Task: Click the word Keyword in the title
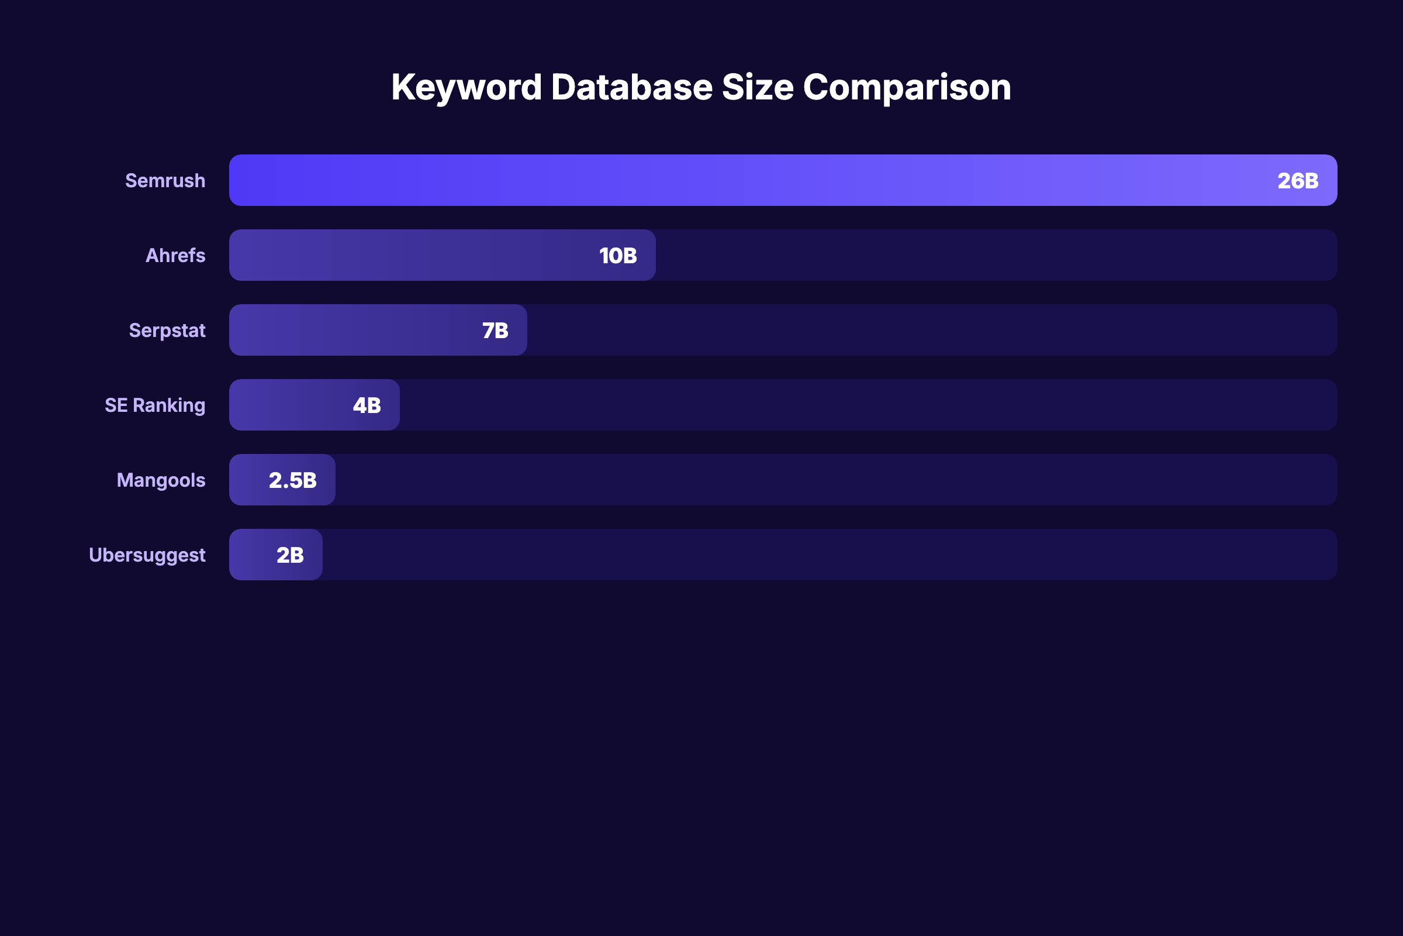point(466,88)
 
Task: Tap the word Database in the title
point(632,88)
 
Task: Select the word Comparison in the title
point(907,88)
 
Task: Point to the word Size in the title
point(758,88)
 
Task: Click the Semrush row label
point(165,181)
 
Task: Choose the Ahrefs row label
point(175,256)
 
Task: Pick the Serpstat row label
point(167,331)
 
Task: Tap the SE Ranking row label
point(155,405)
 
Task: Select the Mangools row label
point(161,480)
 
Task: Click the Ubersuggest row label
point(147,555)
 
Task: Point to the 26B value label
point(1297,181)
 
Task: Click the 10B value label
point(618,256)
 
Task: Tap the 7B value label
point(495,331)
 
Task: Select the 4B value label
point(367,405)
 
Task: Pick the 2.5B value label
point(292,480)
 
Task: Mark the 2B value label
point(290,555)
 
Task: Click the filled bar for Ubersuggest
point(251,555)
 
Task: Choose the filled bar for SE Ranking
point(286,405)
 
